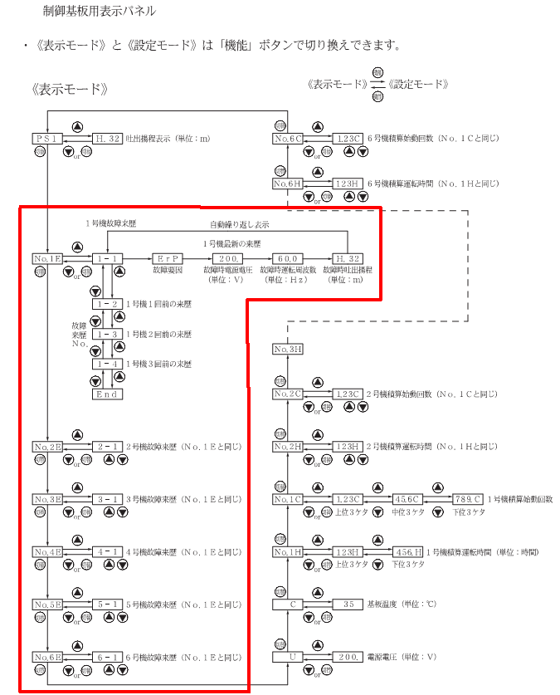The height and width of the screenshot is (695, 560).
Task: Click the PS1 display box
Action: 46,139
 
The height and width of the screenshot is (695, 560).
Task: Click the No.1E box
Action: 46,259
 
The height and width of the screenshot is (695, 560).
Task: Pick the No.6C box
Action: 288,139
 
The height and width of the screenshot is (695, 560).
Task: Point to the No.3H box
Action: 288,350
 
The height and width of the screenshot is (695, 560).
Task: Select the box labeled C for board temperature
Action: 288,604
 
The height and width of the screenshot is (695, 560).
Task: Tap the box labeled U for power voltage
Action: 288,657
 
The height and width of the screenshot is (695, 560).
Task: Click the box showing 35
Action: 348,604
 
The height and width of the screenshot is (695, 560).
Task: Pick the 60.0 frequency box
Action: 287,259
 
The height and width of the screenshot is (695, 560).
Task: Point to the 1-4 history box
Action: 107,364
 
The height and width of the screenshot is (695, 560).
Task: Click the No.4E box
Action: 46,551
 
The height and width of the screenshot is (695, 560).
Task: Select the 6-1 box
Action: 107,657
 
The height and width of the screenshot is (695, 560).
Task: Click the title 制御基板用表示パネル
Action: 100,12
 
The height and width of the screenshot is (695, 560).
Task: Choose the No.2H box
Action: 288,447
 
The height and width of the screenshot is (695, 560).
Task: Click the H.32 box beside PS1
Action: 107,139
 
